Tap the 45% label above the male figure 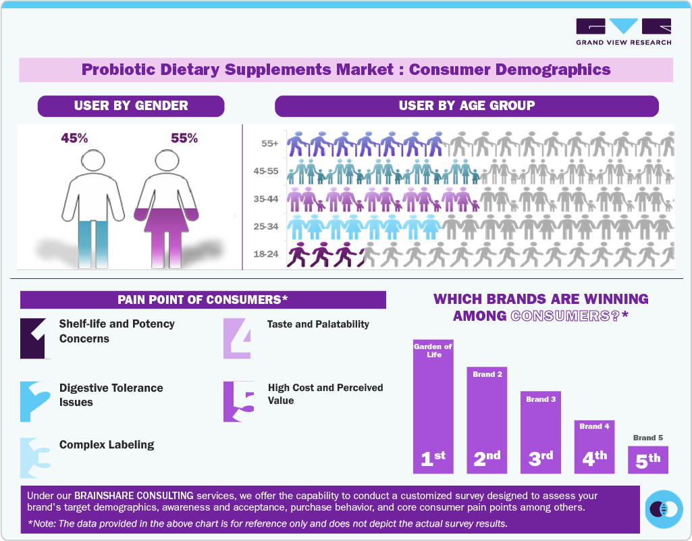(x=74, y=138)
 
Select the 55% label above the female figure (x=184, y=138)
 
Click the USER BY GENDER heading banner (x=131, y=106)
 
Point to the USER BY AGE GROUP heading (x=467, y=106)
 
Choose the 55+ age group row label (x=269, y=144)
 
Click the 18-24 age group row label (x=266, y=255)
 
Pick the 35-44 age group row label (x=266, y=199)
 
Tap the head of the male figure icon (x=92, y=161)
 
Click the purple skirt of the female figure (x=166, y=217)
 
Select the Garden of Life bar (x=433, y=406)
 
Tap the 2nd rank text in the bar (x=487, y=458)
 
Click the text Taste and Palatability (x=318, y=324)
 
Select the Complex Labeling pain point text (x=107, y=445)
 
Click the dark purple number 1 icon (x=35, y=338)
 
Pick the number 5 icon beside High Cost (x=239, y=401)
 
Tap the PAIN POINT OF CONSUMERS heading (x=203, y=300)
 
